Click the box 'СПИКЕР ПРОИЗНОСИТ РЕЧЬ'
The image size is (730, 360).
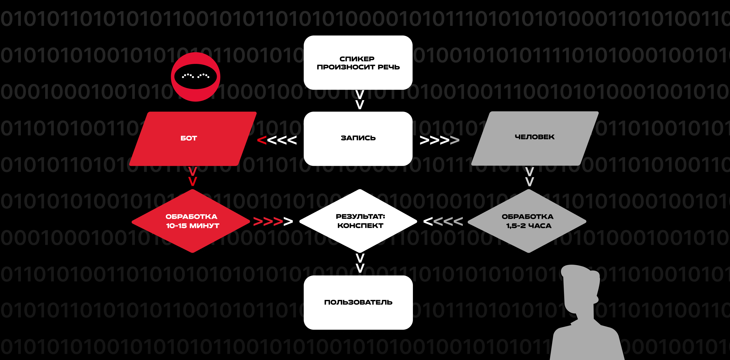tap(358, 63)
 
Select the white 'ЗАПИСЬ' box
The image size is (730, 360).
tap(358, 138)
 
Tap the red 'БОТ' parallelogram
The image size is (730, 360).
tap(193, 138)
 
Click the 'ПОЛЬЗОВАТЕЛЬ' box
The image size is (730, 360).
tap(358, 302)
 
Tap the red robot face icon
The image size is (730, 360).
tap(195, 77)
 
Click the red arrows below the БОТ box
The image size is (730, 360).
tap(192, 176)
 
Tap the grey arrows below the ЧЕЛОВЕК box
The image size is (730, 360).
tap(529, 176)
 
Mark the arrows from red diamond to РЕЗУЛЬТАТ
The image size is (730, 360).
tap(273, 221)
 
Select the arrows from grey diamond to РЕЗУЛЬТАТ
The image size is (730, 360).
tap(443, 221)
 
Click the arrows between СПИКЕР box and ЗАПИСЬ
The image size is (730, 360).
tap(360, 100)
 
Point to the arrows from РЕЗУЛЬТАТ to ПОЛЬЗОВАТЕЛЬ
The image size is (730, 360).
tap(360, 263)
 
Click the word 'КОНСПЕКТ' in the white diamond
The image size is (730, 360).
tap(360, 226)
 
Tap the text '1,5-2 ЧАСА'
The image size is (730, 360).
tap(529, 226)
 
